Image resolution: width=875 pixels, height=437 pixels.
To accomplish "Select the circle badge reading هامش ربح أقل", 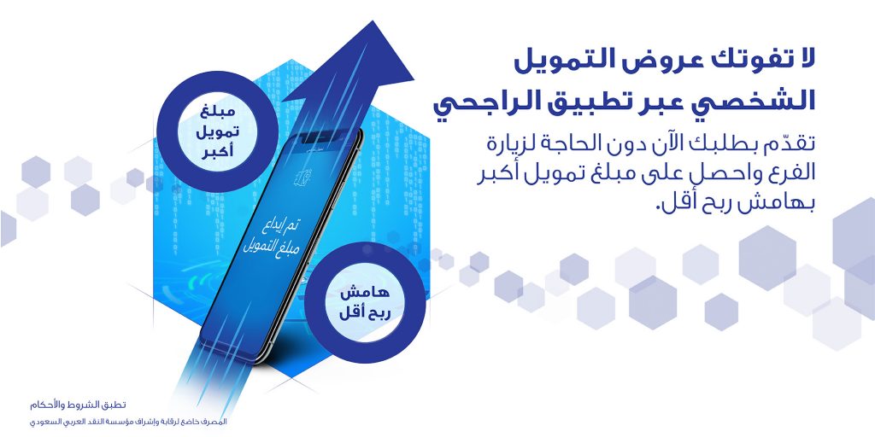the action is click(x=365, y=303).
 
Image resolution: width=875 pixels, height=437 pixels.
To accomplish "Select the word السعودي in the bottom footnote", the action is click(x=43, y=422).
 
